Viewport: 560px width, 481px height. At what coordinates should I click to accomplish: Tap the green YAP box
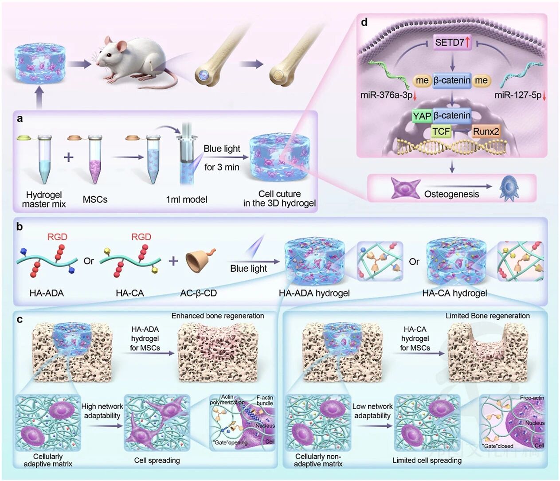[422, 116]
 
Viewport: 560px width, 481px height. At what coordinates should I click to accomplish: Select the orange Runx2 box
[486, 132]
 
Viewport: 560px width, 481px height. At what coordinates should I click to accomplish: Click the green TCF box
[441, 132]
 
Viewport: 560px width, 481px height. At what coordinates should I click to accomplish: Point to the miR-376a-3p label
[386, 95]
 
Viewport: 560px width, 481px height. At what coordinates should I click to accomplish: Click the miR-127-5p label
[518, 95]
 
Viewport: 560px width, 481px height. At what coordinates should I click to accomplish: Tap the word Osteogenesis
[451, 194]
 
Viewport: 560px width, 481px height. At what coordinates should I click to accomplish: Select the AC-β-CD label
[198, 293]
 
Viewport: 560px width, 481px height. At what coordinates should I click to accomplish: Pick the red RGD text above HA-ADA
[57, 237]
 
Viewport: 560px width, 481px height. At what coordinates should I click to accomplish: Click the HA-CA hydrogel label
[454, 293]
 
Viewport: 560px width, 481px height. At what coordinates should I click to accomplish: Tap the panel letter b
[19, 227]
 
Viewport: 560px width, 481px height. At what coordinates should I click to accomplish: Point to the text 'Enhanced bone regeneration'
[217, 316]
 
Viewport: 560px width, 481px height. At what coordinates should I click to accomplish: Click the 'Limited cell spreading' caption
[427, 460]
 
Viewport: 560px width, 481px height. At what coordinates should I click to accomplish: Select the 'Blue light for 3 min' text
[222, 158]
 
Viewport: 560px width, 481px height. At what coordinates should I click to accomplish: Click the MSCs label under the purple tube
[95, 199]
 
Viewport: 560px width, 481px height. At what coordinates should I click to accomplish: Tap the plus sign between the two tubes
[69, 157]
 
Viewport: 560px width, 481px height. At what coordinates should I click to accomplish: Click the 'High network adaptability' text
[102, 411]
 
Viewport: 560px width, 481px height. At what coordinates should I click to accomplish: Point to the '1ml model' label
[186, 199]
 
